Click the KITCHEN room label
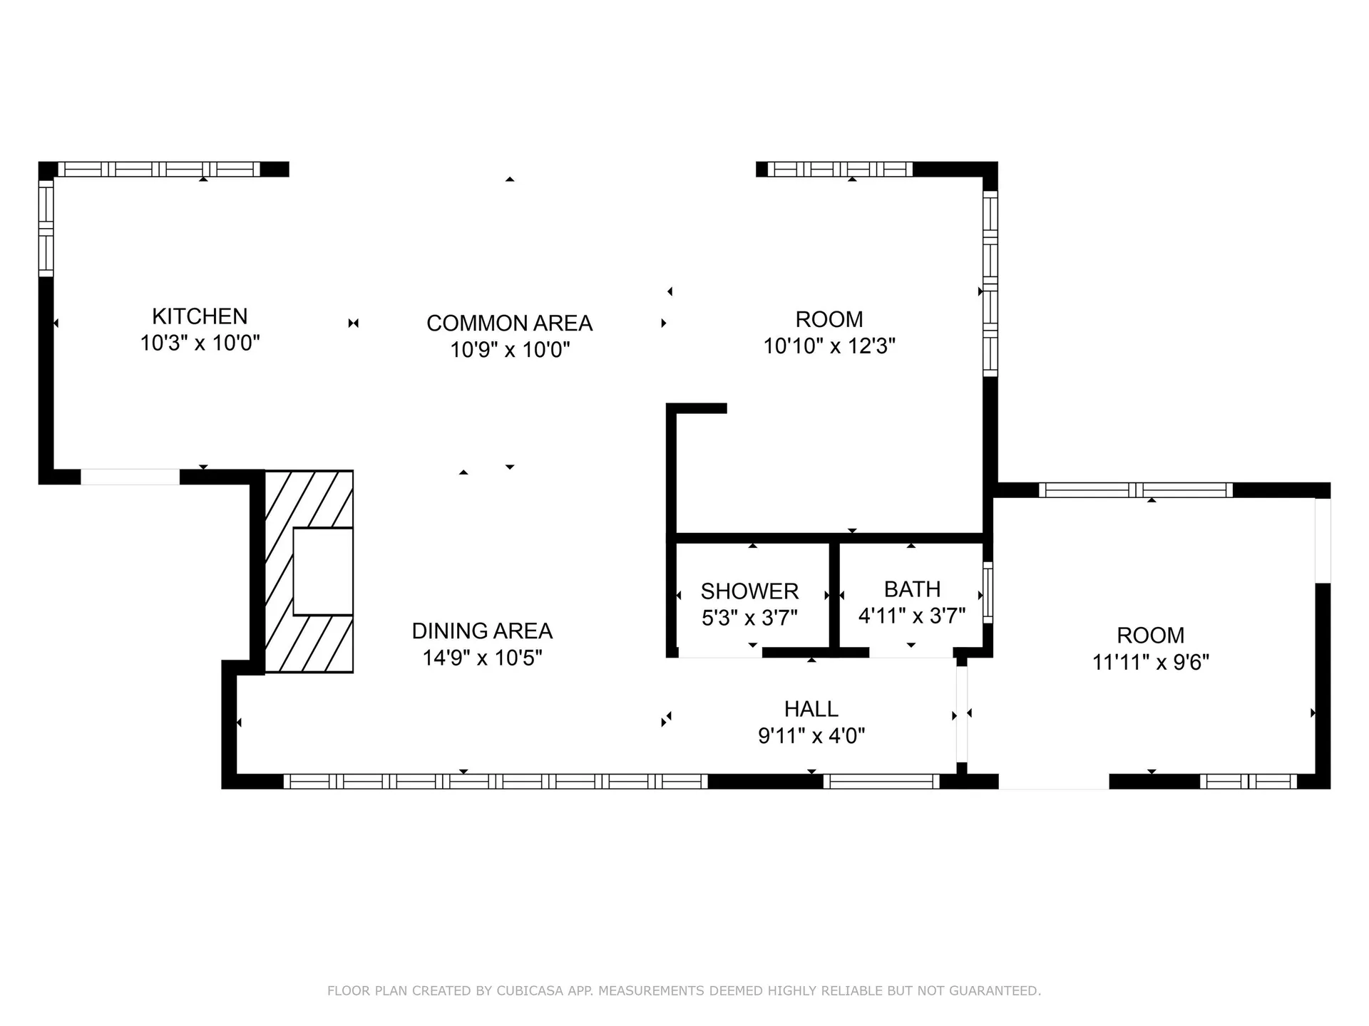pos(200,316)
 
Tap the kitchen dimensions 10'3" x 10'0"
pos(200,343)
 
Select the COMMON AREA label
pos(509,323)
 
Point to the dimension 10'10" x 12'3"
pos(829,346)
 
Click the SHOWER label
pos(749,591)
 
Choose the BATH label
pos(912,589)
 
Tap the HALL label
pos(811,709)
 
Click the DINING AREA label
pos(482,631)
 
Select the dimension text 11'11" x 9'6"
pos(1151,663)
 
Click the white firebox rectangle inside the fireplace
pos(323,571)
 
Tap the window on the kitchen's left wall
pos(46,228)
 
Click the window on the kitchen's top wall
pos(158,170)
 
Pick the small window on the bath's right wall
pos(988,593)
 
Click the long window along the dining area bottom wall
pos(496,782)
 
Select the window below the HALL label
pos(882,782)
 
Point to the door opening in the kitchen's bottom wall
pos(130,477)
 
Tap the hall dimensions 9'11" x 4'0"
pos(811,736)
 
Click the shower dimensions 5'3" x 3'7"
pos(749,618)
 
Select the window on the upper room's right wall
pos(990,284)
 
